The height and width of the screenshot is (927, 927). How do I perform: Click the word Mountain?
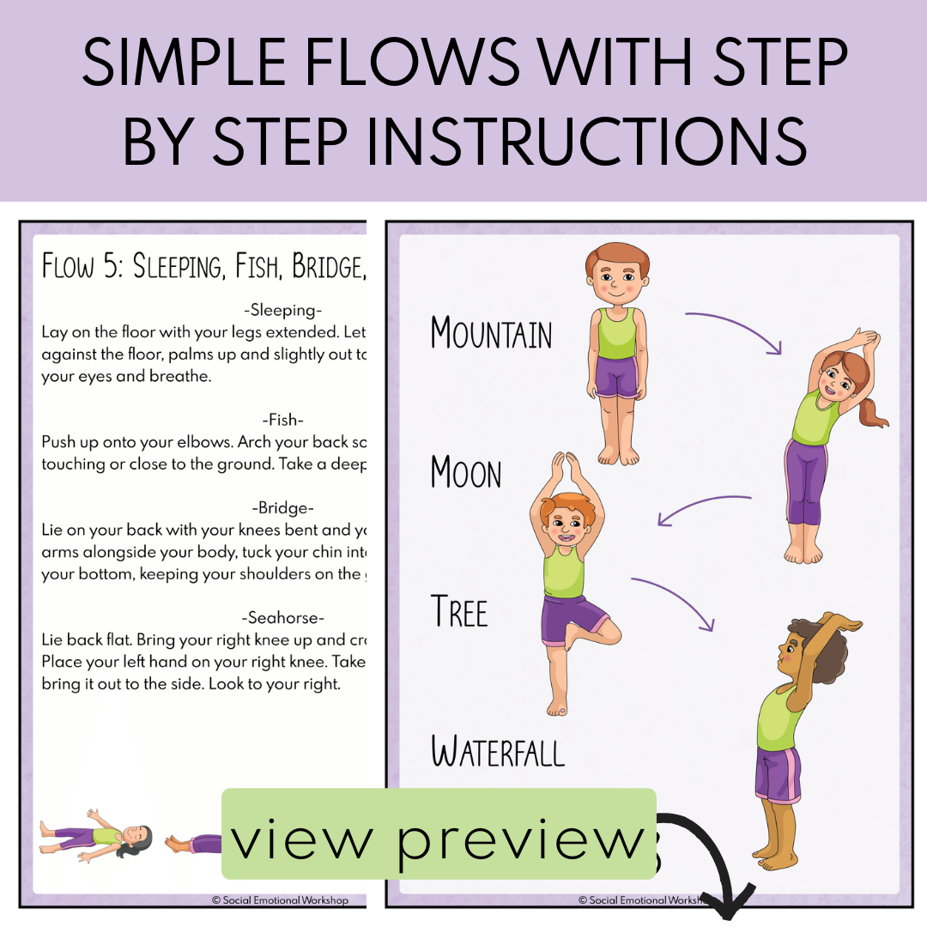(x=491, y=333)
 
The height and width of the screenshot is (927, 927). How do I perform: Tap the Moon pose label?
(x=466, y=473)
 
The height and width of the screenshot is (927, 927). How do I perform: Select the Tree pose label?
(x=459, y=612)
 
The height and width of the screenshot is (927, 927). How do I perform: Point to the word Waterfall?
(x=498, y=752)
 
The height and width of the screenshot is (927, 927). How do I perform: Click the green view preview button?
(x=439, y=833)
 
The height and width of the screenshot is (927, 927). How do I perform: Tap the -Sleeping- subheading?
(x=282, y=311)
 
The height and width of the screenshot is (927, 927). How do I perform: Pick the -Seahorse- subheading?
(x=282, y=617)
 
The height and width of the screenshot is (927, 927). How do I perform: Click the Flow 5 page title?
(x=203, y=267)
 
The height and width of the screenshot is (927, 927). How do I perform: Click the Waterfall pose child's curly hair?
(x=815, y=640)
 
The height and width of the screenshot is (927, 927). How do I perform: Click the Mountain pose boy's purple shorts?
(x=616, y=378)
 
